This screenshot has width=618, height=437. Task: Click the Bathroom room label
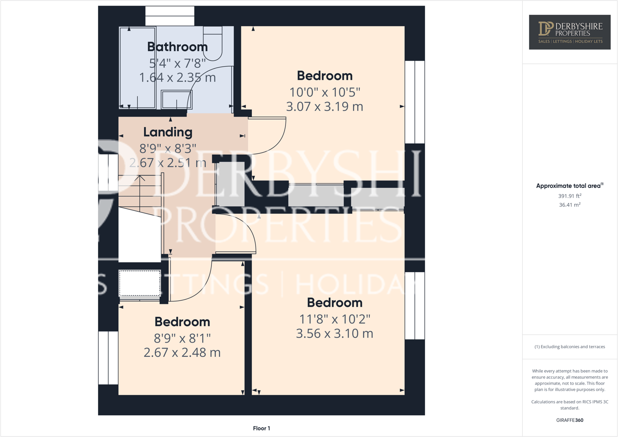pyautogui.click(x=177, y=47)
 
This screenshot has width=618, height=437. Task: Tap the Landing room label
pyautogui.click(x=168, y=132)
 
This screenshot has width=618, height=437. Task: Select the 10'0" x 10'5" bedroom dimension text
pyautogui.click(x=325, y=92)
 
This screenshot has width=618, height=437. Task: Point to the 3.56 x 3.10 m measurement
pyautogui.click(x=334, y=333)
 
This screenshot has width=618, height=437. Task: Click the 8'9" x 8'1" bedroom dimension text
pyautogui.click(x=182, y=338)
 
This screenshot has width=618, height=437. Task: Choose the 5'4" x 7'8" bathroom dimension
pyautogui.click(x=177, y=63)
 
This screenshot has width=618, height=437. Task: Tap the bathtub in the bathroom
pyautogui.click(x=137, y=67)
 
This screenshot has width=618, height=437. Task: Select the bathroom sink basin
pyautogui.click(x=176, y=99)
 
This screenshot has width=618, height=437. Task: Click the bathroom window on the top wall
pyautogui.click(x=170, y=16)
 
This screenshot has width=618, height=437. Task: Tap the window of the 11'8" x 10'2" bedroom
pyautogui.click(x=414, y=306)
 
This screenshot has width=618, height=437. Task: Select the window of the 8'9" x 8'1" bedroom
pyautogui.click(x=108, y=358)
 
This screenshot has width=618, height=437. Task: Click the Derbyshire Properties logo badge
pyautogui.click(x=570, y=32)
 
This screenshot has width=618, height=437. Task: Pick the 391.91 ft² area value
pyautogui.click(x=570, y=196)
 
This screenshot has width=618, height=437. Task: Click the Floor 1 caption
pyautogui.click(x=262, y=428)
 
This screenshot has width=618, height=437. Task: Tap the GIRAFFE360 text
pyautogui.click(x=570, y=420)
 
